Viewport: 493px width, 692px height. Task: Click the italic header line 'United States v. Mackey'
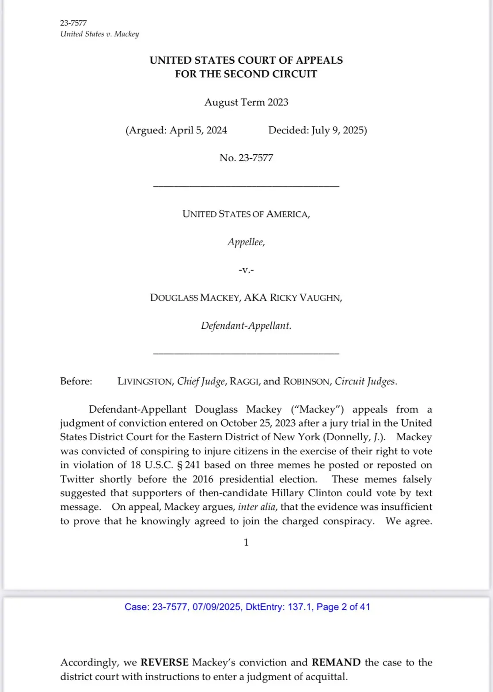pyautogui.click(x=99, y=34)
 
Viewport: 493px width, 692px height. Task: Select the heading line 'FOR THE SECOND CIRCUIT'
pyautogui.click(x=246, y=74)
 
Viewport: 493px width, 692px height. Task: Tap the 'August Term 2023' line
pyautogui.click(x=246, y=102)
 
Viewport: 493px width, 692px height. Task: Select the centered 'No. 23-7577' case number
pyautogui.click(x=246, y=158)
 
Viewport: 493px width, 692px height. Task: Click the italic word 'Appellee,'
pyautogui.click(x=246, y=242)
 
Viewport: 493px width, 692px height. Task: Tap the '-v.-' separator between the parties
pyautogui.click(x=246, y=270)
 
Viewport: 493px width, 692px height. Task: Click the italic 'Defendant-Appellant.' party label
pyautogui.click(x=246, y=326)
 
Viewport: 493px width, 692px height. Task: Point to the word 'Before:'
pyautogui.click(x=76, y=381)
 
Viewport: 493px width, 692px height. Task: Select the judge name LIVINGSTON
pyautogui.click(x=145, y=381)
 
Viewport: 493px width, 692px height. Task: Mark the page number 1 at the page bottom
pyautogui.click(x=246, y=542)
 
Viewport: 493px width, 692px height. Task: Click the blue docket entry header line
pyautogui.click(x=247, y=607)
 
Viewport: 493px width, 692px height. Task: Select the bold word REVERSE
pyautogui.click(x=164, y=662)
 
